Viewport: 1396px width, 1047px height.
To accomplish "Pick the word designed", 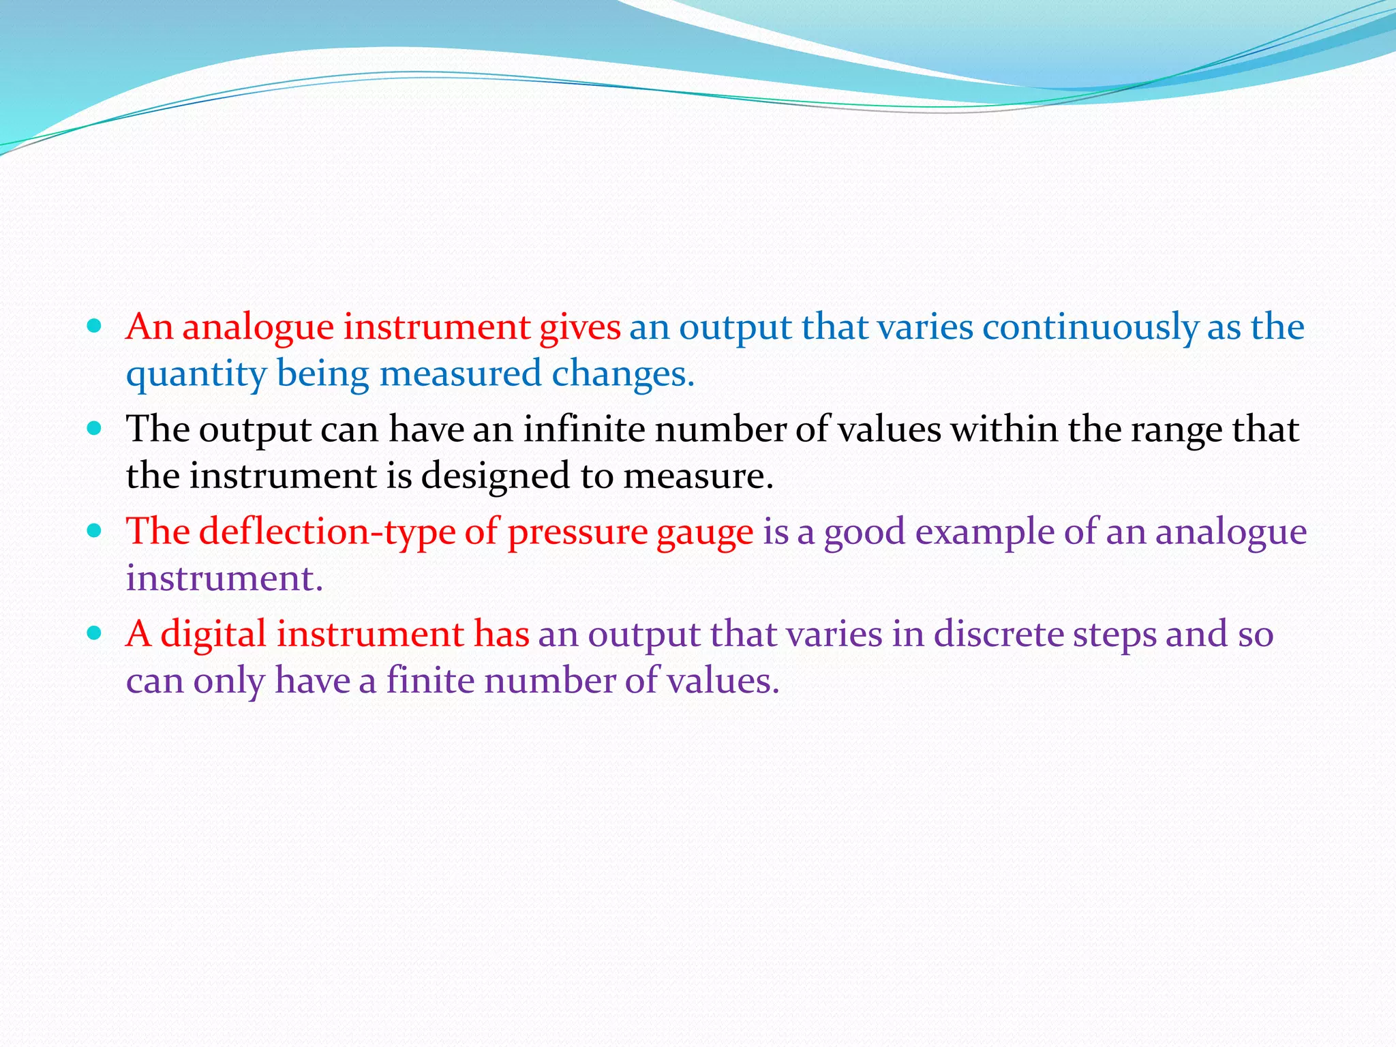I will coord(495,476).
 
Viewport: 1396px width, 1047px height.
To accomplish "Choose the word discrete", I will coord(999,635).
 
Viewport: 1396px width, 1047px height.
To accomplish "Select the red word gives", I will coord(580,328).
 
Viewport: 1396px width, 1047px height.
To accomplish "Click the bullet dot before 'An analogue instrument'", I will coord(95,327).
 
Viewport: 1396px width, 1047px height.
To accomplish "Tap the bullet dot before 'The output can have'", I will coord(95,429).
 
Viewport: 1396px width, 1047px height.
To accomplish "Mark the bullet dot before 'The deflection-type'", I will coord(95,531).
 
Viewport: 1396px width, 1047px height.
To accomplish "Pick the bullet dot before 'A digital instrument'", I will coord(95,633).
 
